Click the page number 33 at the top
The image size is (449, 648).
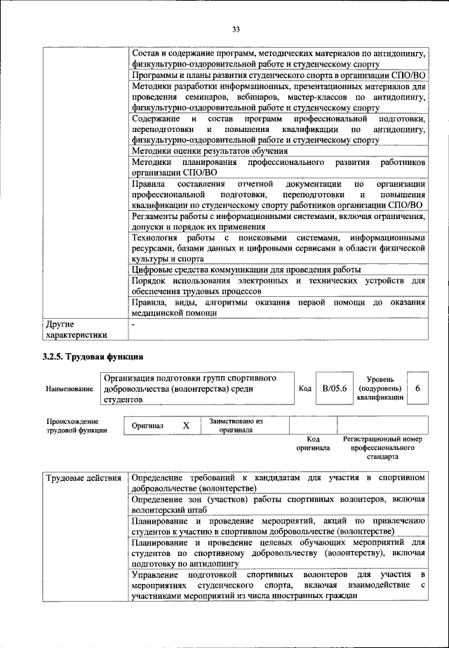tap(236, 29)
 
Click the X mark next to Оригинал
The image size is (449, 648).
tap(186, 426)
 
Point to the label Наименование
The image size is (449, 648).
tap(69, 389)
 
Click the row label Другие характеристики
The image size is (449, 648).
tap(76, 329)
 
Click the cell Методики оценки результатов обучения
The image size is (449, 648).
tap(209, 151)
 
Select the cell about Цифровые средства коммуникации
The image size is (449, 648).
tap(246, 269)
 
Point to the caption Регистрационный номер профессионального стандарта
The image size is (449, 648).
tap(382, 447)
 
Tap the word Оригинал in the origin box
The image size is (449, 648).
tap(147, 426)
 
